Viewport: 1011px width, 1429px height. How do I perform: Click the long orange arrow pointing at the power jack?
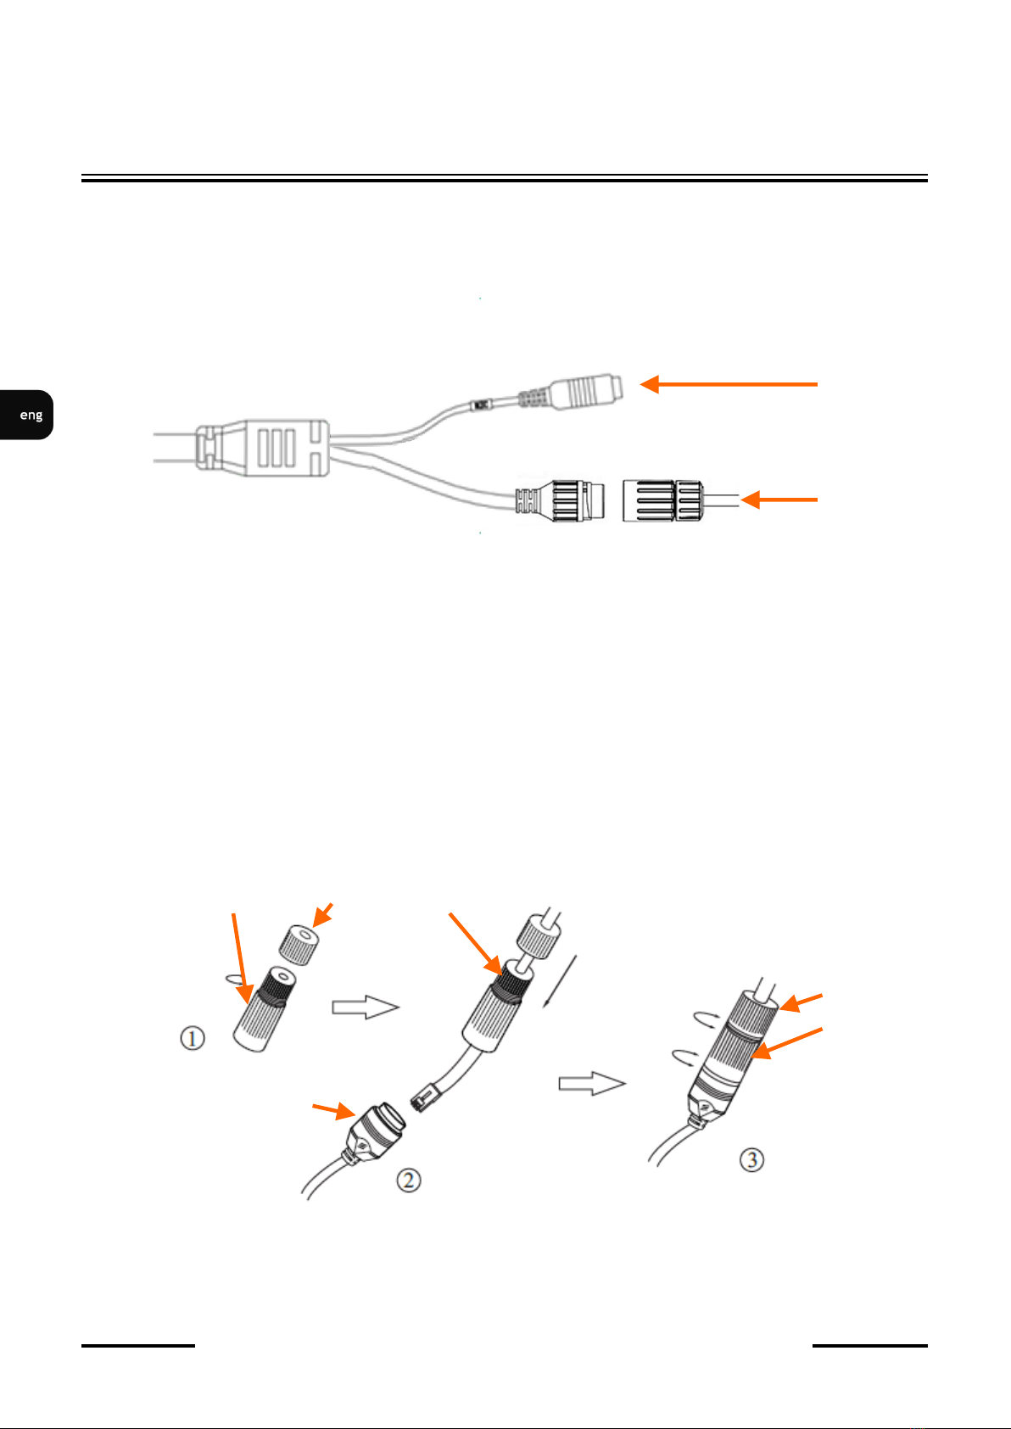pos(729,384)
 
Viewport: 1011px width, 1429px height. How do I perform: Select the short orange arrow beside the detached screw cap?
pos(779,500)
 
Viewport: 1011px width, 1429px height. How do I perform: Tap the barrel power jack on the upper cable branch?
pos(585,392)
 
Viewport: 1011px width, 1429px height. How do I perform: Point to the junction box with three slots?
pos(263,447)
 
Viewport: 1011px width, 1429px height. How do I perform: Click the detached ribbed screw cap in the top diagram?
pos(663,501)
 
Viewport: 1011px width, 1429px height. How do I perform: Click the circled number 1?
pos(192,1038)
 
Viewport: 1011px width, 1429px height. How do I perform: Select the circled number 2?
pos(408,1180)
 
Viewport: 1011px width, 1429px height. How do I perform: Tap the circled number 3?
pos(751,1159)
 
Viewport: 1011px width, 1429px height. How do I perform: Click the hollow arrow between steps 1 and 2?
pos(366,1007)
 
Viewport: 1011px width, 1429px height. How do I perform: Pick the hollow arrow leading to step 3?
pos(592,1083)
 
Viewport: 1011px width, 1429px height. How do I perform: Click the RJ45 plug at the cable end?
pos(426,1097)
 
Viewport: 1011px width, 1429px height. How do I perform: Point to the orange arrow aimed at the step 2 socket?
pos(333,1111)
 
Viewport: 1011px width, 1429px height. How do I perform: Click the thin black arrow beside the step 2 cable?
pos(560,981)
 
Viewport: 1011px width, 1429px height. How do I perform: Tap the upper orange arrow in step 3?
pos(801,1002)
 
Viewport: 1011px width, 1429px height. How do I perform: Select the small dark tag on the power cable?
pos(480,405)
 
